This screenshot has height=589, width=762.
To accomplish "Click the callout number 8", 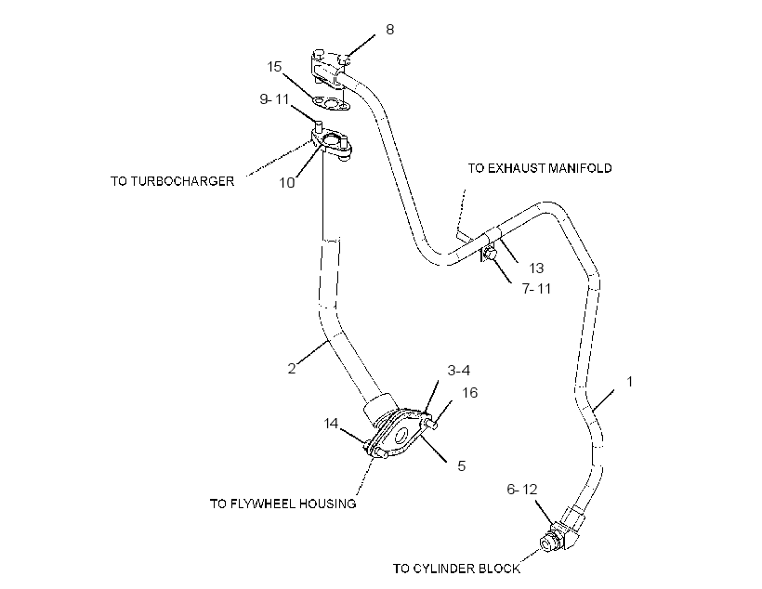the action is point(389,30).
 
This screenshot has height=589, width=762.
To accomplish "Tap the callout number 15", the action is point(274,67).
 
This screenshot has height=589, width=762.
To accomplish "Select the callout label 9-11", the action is point(274,99).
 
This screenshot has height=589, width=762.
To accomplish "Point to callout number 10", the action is point(287,183).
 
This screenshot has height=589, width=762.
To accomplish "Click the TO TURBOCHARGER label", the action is point(173,181).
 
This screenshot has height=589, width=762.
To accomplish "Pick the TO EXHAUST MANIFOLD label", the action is point(540,168).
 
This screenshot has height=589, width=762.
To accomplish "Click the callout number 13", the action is point(536,268).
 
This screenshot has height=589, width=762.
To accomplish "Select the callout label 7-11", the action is point(537,289).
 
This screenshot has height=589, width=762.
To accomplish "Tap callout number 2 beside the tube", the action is point(292,369).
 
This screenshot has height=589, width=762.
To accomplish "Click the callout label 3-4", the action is point(459,371).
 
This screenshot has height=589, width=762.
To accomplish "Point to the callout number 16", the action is point(470,393).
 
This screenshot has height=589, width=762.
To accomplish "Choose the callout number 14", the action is point(331,424).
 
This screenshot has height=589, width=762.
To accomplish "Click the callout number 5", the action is point(462,466).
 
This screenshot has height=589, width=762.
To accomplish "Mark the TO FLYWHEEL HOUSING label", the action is point(282,504).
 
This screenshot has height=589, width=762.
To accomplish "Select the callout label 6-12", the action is point(522,489).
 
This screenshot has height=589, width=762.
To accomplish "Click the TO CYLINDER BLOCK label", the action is point(456,569).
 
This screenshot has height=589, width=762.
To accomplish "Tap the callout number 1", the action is point(630,382).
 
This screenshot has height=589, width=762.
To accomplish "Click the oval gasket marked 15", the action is point(331,103).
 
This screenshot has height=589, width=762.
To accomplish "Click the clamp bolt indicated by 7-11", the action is point(489,255).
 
